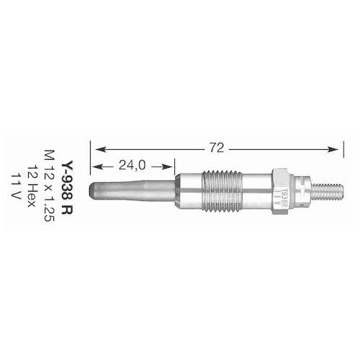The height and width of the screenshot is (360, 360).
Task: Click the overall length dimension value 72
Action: [x=215, y=148]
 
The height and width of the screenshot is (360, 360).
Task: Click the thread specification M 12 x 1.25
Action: [x=49, y=186]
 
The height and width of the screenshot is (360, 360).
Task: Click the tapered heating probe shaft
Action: [x=133, y=194]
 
